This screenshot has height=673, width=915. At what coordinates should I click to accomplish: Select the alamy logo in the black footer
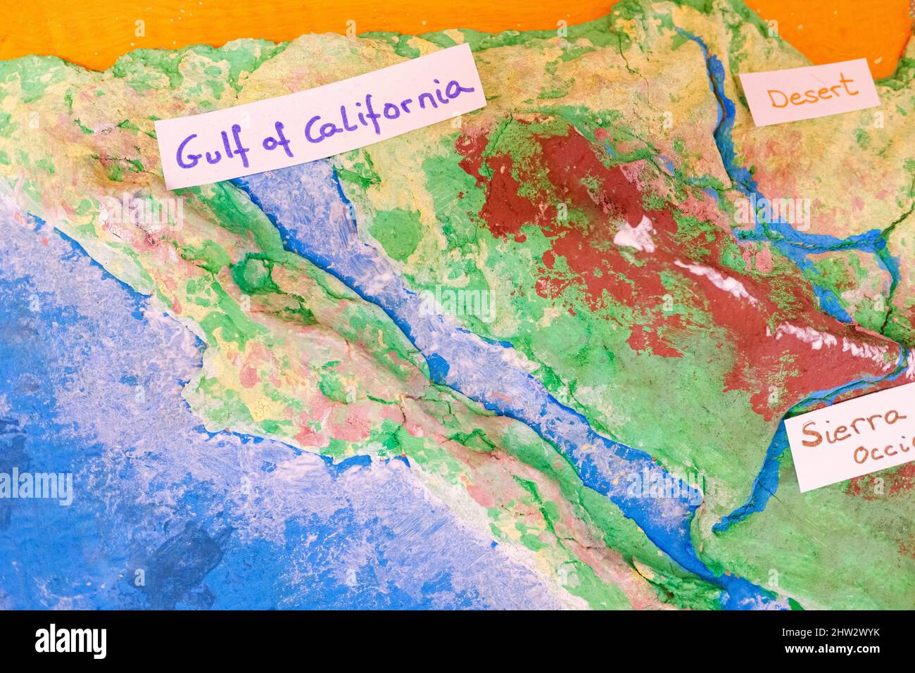click(x=71, y=641)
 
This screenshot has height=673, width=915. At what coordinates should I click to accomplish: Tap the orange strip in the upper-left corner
click(x=56, y=28)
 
